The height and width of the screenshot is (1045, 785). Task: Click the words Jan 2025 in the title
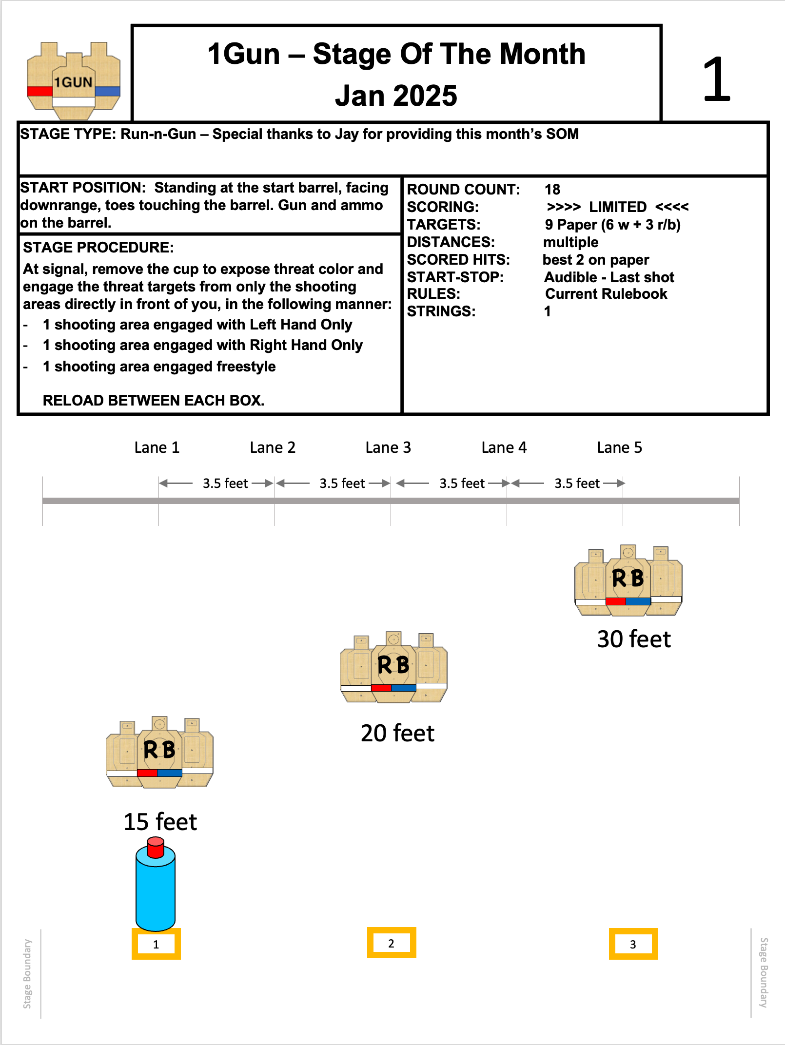coord(396,96)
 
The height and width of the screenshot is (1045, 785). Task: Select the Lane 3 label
coord(388,447)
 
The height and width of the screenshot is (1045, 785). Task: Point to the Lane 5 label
coord(619,447)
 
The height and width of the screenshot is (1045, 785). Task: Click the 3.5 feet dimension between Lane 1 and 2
coord(225,484)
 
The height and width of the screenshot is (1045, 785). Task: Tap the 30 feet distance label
coord(634,639)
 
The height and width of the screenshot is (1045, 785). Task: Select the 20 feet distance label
coord(397,733)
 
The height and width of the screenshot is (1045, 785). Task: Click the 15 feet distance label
coord(160,822)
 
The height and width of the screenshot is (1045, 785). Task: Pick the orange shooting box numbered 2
coord(392,943)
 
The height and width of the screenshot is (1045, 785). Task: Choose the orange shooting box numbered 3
coord(633,944)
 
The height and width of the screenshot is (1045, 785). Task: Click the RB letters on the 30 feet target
coord(628,579)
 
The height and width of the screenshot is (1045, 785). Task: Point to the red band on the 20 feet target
coord(381,688)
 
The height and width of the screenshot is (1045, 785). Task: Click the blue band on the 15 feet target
coord(170,773)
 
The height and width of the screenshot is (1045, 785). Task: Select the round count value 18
coord(552,190)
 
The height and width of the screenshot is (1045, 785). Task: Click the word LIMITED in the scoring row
coord(618,207)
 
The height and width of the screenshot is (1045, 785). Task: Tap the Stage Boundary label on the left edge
coord(27,973)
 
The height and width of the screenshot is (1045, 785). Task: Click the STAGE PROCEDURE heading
coord(98,248)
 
